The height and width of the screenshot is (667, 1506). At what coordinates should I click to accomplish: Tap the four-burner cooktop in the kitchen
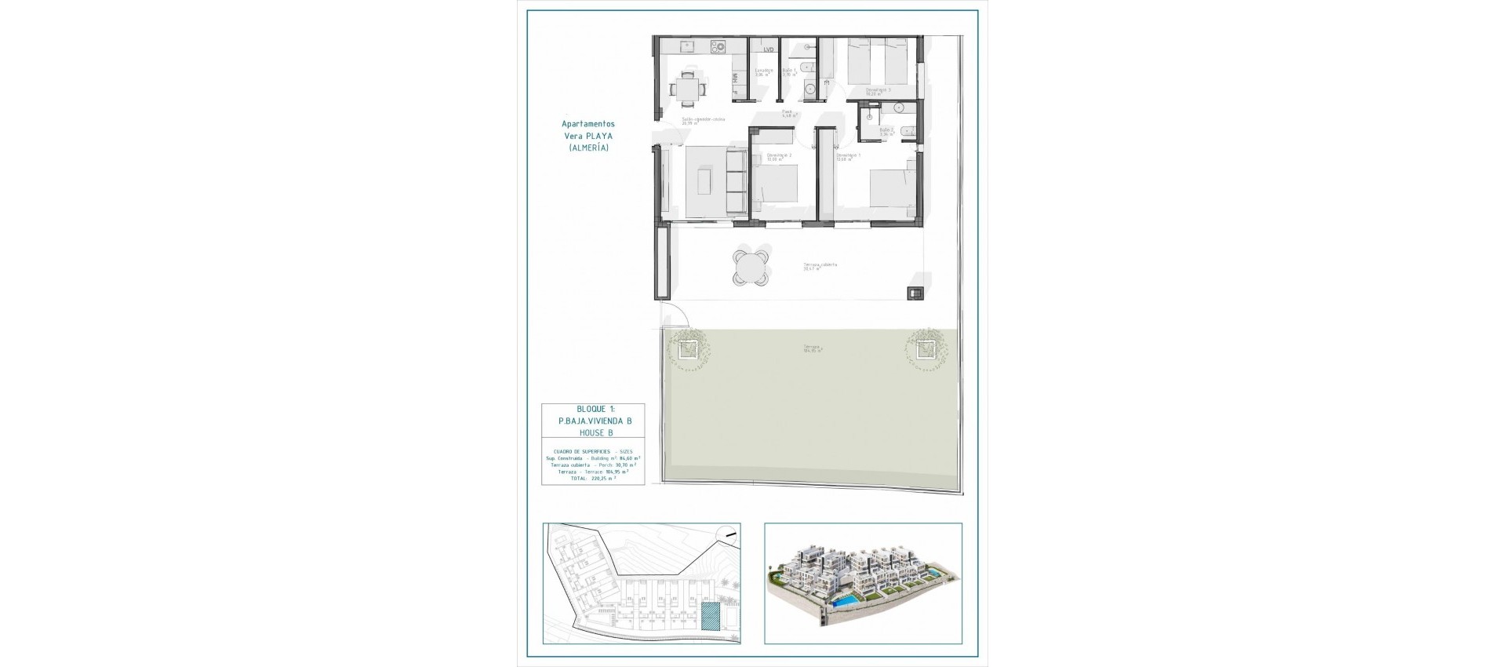point(169,47)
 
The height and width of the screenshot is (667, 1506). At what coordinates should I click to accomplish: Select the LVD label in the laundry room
point(768,49)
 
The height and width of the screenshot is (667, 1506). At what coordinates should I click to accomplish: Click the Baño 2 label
point(886,131)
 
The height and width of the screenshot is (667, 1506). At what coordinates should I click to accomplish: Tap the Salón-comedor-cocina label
point(703,120)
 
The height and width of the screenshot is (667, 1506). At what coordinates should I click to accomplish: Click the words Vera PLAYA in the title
point(588,136)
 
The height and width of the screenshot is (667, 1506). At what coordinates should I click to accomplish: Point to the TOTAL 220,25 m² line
point(593,478)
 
